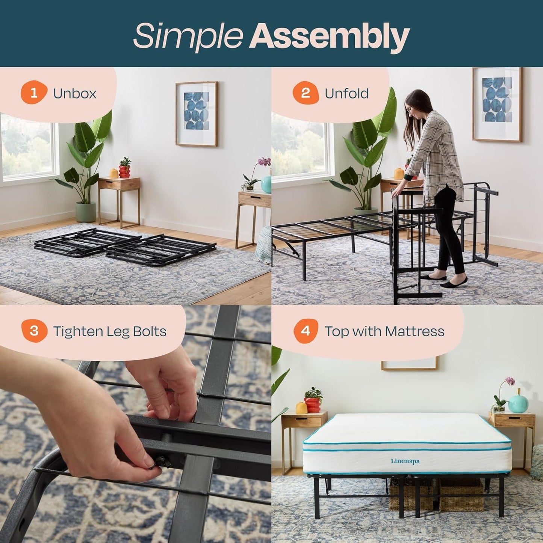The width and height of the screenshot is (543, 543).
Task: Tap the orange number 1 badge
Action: click(x=33, y=93)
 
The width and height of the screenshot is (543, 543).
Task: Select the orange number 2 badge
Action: click(x=306, y=93)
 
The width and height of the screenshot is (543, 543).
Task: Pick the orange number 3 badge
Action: click(x=34, y=331)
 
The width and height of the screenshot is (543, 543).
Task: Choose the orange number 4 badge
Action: click(x=306, y=331)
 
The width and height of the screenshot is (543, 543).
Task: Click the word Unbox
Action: click(x=75, y=94)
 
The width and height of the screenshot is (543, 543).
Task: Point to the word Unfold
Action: click(x=346, y=94)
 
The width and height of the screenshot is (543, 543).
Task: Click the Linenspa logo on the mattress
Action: click(x=405, y=461)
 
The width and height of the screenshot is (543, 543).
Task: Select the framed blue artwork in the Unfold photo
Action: click(x=497, y=104)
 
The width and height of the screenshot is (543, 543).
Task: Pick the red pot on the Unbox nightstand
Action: click(x=124, y=171)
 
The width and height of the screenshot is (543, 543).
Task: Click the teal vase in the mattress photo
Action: click(x=519, y=403)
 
